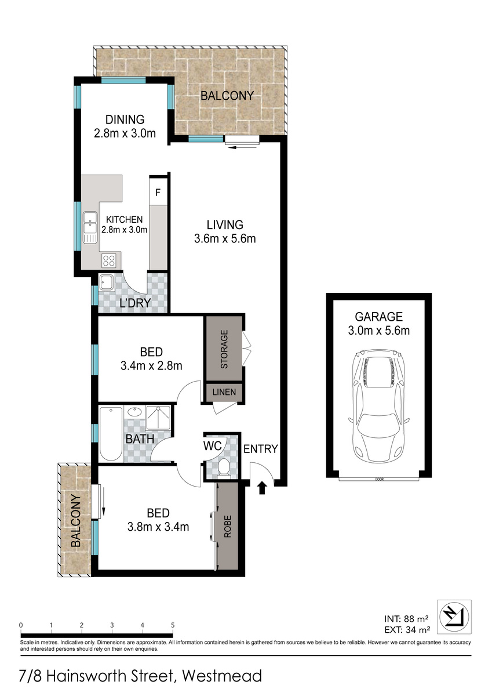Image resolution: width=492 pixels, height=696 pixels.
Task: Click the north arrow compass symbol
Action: click(454, 617)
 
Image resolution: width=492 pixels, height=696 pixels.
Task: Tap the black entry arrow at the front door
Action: click(262, 488)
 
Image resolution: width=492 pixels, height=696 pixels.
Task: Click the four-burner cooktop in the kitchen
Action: click(108, 260)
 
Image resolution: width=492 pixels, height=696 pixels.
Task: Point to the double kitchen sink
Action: click(90, 227)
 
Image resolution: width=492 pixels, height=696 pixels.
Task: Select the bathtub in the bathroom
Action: click(111, 434)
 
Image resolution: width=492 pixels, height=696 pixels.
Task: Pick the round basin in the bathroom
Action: click(134, 412)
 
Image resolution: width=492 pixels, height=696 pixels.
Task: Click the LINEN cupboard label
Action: click(224, 392)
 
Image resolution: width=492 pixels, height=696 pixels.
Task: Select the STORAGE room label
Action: click(224, 349)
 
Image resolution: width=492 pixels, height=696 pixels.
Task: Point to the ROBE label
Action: click(228, 527)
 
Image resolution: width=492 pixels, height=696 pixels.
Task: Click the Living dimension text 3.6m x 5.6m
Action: click(225, 239)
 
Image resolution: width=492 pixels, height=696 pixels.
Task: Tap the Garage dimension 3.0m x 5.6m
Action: click(378, 331)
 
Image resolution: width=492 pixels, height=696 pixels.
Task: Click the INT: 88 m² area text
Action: click(407, 619)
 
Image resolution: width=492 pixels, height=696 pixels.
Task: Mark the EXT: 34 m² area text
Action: click(407, 629)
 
